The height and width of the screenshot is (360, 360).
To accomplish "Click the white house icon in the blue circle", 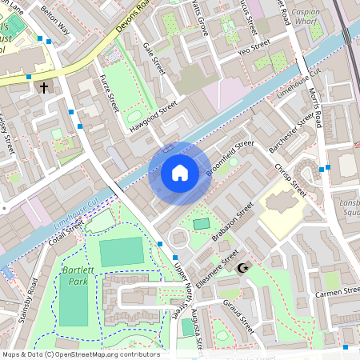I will pyautogui.click(x=180, y=173).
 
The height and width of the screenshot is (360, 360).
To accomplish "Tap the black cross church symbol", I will pyautogui.click(x=44, y=87).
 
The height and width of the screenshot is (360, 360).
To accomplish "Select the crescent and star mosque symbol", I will pyautogui.click(x=244, y=270).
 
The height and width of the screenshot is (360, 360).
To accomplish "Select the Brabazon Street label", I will pyautogui.click(x=232, y=221).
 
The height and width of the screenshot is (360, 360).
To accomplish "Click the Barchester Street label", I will pyautogui.click(x=292, y=133).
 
